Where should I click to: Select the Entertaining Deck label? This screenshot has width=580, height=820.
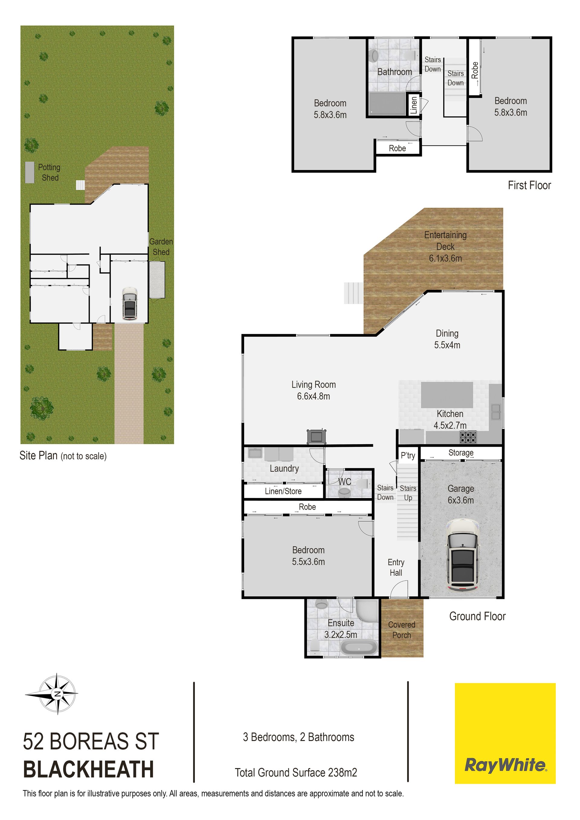[445, 246]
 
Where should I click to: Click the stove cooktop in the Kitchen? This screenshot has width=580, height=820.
[468, 437]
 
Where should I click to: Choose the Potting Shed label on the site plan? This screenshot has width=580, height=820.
[49, 172]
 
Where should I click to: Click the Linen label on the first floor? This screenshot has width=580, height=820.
[414, 105]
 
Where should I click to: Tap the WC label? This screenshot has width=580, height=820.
[344, 482]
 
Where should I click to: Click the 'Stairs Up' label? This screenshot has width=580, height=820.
[408, 493]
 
